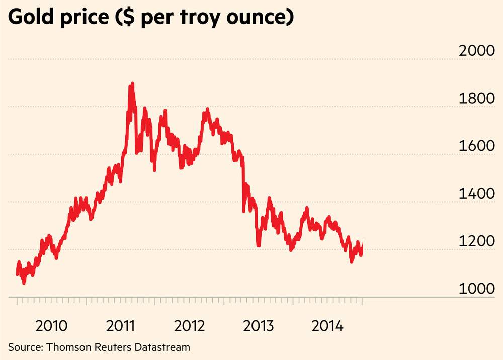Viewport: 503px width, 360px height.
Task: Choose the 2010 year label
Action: click(51, 326)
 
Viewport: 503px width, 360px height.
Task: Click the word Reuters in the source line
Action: click(110, 347)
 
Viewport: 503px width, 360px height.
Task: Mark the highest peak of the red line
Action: click(132, 84)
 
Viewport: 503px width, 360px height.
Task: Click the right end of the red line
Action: click(362, 244)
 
